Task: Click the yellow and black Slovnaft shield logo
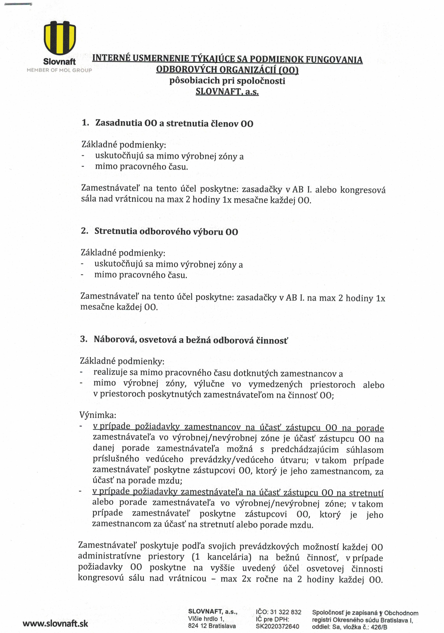tap(60, 38)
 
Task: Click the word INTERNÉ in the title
tap(111, 58)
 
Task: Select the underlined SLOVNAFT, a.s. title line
tap(227, 91)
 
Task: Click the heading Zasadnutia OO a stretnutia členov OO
tap(174, 123)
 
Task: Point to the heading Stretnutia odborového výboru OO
tap(166, 232)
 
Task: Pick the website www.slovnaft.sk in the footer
tap(55, 624)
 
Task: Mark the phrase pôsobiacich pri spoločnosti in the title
tap(227, 81)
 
